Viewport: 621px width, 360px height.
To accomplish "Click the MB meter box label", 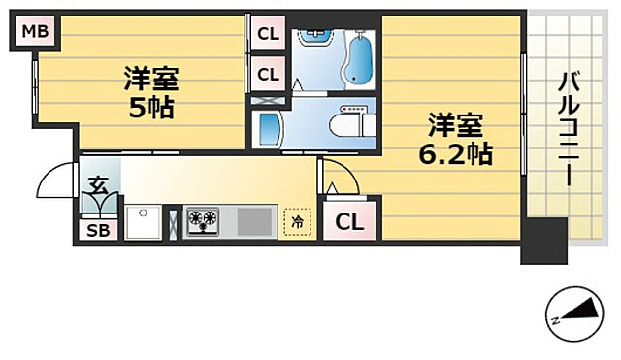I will [x=34, y=33].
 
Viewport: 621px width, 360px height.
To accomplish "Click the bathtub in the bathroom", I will [x=358, y=59].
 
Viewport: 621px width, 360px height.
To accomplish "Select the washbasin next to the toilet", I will [x=267, y=127].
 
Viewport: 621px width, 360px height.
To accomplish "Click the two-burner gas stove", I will [x=204, y=221].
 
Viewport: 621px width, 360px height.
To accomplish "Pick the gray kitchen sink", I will [x=256, y=221].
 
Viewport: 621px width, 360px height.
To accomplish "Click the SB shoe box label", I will [x=96, y=231].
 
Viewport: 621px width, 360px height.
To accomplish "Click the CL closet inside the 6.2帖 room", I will [x=349, y=221].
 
